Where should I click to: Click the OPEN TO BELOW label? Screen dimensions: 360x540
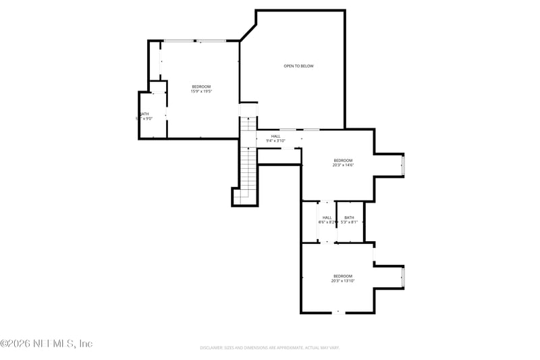click(298, 66)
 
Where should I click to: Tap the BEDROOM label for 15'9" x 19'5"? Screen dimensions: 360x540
click(201, 86)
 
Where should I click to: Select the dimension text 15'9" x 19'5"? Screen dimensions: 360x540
click(201, 92)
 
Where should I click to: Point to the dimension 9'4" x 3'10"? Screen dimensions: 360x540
click(275, 141)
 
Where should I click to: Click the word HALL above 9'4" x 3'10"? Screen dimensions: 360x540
click(275, 136)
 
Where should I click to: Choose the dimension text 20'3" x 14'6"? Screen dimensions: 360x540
click(343, 165)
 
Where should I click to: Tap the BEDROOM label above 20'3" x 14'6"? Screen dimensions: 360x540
click(343, 160)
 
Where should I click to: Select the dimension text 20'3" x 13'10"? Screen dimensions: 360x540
click(343, 281)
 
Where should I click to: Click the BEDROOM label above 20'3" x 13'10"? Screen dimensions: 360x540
click(343, 276)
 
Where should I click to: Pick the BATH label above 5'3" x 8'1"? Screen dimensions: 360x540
click(349, 217)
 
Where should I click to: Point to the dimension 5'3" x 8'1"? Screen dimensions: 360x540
click(349, 222)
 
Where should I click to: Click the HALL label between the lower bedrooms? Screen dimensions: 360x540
click(327, 217)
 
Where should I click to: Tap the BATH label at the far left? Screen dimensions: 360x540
click(144, 114)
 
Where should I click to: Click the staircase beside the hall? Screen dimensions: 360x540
click(249, 162)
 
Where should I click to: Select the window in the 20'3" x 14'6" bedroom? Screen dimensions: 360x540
click(403, 165)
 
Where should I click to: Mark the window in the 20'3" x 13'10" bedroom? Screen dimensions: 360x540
click(403, 277)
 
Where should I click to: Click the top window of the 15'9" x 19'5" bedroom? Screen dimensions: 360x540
click(194, 41)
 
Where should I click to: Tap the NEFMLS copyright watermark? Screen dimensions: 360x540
click(47, 344)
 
